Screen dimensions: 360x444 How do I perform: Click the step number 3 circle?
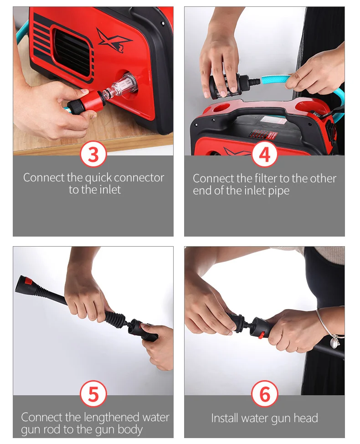pos(93,155)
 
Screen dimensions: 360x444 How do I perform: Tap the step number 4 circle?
pos(264,155)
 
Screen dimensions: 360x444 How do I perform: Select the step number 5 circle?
pos(93,394)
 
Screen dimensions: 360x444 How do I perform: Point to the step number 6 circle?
pos(264,394)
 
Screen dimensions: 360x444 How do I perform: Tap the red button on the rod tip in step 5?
pos(28,281)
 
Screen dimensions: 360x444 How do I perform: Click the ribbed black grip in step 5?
pos(115,320)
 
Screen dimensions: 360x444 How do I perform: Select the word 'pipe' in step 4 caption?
pos(278,191)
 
